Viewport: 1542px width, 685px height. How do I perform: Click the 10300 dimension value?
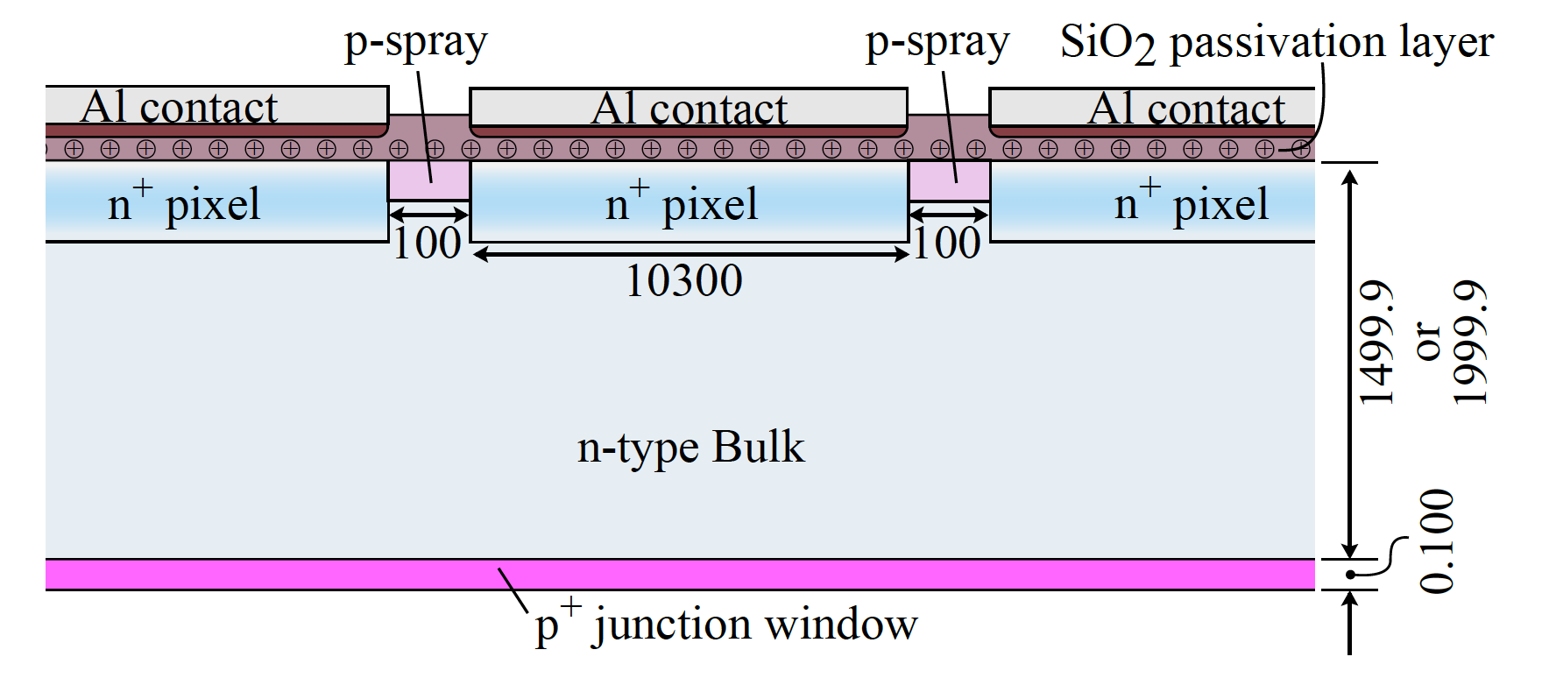(x=684, y=281)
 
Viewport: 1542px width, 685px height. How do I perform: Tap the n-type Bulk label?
(x=690, y=448)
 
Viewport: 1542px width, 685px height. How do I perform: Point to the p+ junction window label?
(x=726, y=625)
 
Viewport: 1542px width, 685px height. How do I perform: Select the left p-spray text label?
(x=415, y=42)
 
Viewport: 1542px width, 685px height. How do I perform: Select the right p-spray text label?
(x=937, y=42)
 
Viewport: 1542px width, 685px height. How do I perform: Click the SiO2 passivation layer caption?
(x=1277, y=42)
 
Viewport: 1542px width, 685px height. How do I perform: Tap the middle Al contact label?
(x=689, y=109)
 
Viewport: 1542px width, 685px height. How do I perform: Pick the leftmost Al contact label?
(x=180, y=107)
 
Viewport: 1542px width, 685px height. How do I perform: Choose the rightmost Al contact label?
(x=1186, y=109)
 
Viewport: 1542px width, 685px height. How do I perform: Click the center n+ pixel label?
(x=682, y=204)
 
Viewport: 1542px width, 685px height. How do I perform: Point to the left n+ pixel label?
(x=184, y=204)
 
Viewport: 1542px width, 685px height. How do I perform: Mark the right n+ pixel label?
(x=1192, y=204)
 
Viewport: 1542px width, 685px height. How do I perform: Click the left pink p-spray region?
(x=429, y=181)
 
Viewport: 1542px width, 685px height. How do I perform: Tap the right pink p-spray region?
(x=950, y=181)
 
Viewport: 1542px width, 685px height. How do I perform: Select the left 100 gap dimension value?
(x=427, y=244)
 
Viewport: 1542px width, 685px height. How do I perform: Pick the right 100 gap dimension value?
(x=947, y=244)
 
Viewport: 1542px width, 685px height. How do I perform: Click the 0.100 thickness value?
(x=1437, y=541)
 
